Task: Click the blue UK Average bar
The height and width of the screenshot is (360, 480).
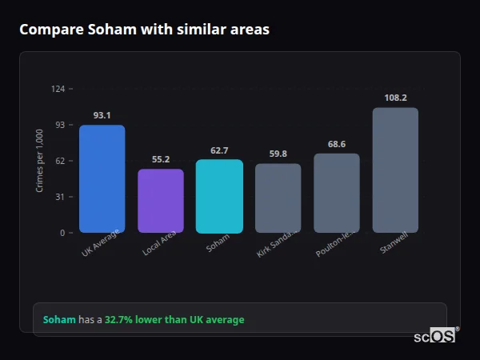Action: coord(102,178)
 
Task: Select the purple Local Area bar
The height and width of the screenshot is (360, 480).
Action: coord(161,201)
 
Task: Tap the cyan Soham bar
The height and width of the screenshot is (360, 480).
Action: coord(219,196)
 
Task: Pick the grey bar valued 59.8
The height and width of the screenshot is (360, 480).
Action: coord(278,198)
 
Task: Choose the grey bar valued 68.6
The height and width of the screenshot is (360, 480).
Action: coord(336,193)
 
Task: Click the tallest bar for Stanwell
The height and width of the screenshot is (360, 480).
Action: coord(395,170)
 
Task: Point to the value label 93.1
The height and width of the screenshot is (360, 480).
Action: coord(102,115)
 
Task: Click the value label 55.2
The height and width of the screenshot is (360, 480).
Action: coord(161,159)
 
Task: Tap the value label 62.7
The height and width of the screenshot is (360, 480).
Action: coord(219,150)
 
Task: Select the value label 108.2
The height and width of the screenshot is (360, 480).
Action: coord(395,98)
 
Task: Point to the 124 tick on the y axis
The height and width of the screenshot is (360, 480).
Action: coord(58,89)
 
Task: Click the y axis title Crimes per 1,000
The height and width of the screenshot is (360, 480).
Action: coord(39,161)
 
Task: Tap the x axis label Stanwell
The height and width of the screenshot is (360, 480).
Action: coord(394,244)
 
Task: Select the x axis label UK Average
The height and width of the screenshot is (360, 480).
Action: coord(101,243)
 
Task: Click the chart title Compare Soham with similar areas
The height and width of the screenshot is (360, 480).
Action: coord(144,30)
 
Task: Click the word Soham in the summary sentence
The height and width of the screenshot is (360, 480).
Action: coord(59,320)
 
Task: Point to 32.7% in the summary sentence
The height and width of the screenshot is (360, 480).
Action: coord(118,320)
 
